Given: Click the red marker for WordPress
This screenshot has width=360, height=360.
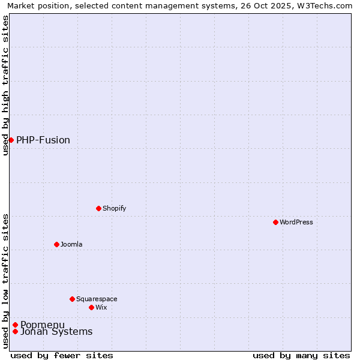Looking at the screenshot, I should point(275,222).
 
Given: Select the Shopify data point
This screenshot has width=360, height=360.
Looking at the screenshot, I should point(98,208).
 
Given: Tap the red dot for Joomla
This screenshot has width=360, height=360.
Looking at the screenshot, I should point(56,244).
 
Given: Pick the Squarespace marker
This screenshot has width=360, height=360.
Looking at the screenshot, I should point(72,299).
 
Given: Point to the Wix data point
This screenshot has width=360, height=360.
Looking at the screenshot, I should point(91,307).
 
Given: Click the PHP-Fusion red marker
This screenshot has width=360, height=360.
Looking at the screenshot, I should point(11,140).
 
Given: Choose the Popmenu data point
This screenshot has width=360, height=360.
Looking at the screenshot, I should point(15,325).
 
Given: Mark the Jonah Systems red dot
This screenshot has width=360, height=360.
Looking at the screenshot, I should point(15,331).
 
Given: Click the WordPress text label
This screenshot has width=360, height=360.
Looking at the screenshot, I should point(296,222).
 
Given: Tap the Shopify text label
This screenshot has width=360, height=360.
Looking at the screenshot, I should point(114,208).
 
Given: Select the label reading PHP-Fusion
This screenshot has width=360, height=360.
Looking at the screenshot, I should point(43,140).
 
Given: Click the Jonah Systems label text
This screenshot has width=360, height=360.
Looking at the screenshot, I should point(56,332).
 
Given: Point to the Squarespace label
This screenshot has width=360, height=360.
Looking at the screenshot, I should point(97,299).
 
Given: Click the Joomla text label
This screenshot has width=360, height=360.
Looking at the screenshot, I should point(71,244).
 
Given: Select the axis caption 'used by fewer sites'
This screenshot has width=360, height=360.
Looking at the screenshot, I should point(62,355).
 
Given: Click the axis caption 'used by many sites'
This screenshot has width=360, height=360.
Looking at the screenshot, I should point(301,355).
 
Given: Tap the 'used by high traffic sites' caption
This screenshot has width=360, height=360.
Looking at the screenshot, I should point(5,86).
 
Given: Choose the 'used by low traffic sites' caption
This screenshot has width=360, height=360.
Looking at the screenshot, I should point(5,281).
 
